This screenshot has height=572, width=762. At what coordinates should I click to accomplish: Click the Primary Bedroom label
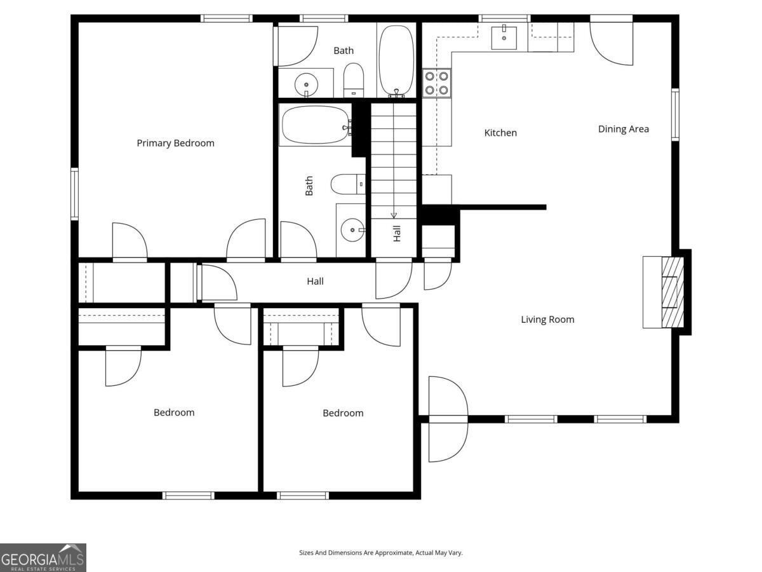[x=175, y=143]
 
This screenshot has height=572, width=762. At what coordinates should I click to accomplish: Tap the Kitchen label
[x=500, y=133]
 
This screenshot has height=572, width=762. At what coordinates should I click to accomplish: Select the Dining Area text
[x=623, y=129]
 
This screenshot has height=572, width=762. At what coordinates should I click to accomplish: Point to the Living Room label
[x=547, y=320]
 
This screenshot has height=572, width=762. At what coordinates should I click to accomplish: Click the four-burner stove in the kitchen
[x=436, y=83]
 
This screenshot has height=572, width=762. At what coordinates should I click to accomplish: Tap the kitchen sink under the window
[x=504, y=37]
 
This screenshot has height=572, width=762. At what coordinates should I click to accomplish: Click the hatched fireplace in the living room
[x=672, y=292]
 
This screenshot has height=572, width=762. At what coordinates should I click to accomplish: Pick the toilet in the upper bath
[x=354, y=80]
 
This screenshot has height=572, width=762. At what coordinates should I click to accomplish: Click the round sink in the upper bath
[x=306, y=85]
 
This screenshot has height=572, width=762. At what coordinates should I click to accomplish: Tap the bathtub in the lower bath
[x=316, y=125]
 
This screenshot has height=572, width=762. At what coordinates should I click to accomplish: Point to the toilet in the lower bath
[x=348, y=184]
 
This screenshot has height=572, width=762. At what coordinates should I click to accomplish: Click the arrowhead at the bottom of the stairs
[x=394, y=215]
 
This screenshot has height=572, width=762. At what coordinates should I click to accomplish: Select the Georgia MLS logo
[x=43, y=557]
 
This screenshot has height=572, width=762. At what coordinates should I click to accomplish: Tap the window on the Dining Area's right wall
[x=675, y=114]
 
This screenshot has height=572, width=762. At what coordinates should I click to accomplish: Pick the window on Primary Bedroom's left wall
[x=74, y=194]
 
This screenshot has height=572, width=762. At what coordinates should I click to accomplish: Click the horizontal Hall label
[x=315, y=282]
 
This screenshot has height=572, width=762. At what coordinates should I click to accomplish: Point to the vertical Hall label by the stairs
[x=397, y=233]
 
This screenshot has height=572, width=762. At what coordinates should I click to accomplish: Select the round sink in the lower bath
[x=352, y=230]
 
